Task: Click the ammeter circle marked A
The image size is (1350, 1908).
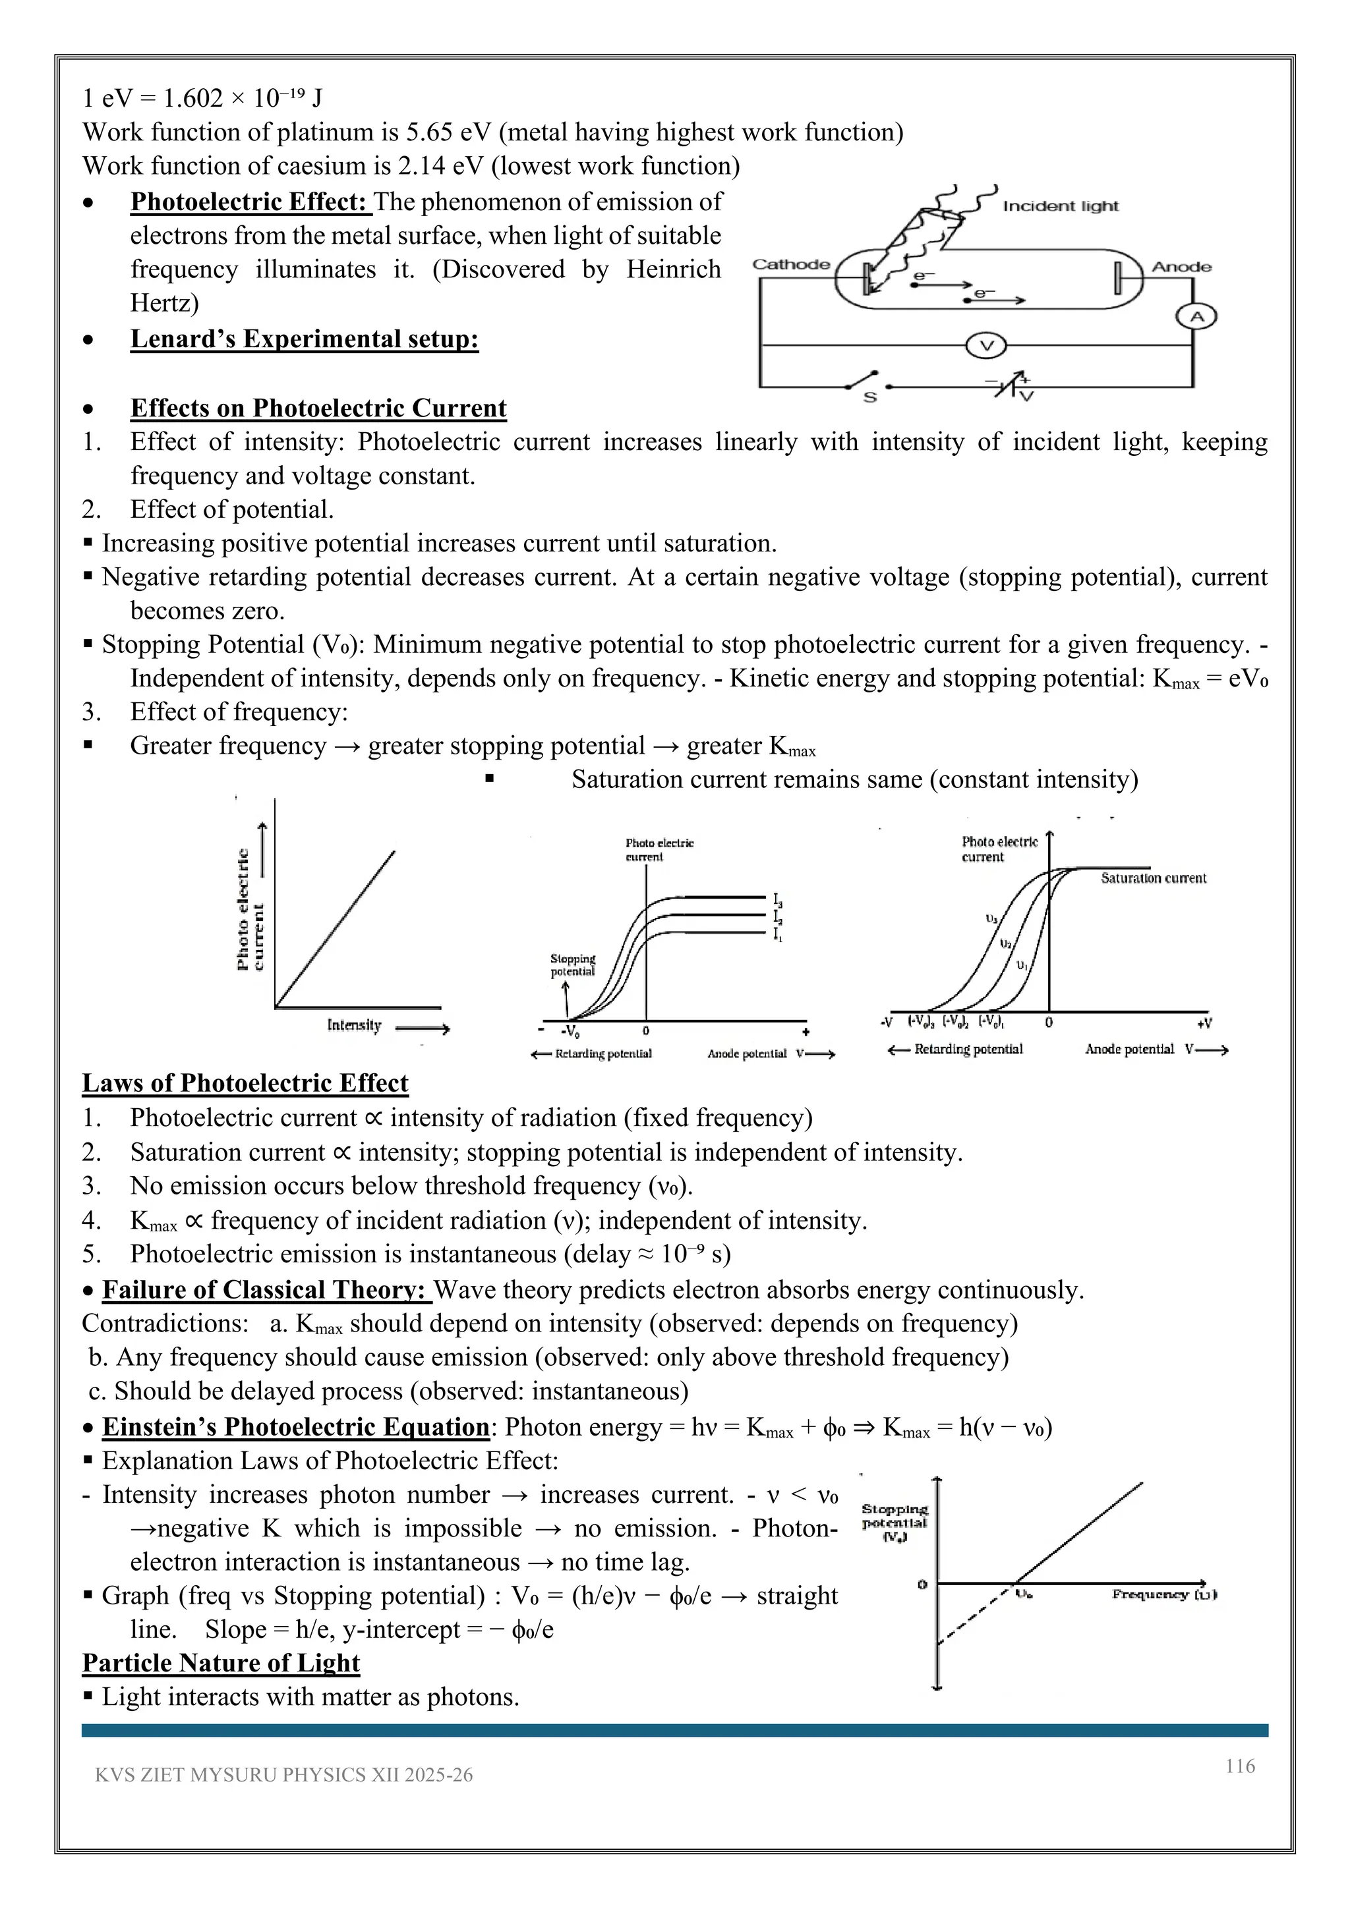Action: pos(1195,317)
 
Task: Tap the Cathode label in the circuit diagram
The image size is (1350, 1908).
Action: pos(790,264)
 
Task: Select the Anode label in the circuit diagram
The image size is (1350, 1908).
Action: pos(1181,267)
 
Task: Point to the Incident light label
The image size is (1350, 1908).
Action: pos(1060,206)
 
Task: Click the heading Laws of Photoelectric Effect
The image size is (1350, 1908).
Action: pos(245,1083)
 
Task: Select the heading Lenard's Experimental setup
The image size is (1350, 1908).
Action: pos(305,339)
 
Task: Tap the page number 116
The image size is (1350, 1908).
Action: pos(1239,1766)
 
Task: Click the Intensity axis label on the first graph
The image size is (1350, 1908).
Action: pos(354,1025)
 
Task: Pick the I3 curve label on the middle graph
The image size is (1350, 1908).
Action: pos(777,900)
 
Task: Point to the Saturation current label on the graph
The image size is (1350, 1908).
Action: pos(1153,878)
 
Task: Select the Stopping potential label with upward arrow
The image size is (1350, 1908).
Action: pos(573,965)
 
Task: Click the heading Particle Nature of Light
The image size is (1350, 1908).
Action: pos(221,1663)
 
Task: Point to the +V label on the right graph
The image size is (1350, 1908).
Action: pos(1204,1023)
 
